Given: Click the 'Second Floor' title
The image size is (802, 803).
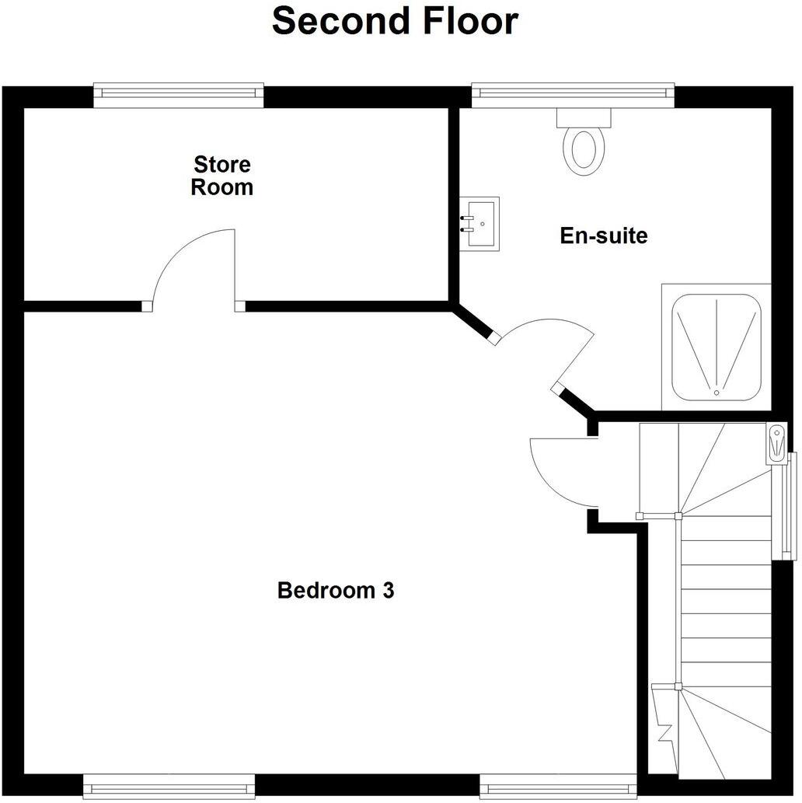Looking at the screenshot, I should [x=394, y=21].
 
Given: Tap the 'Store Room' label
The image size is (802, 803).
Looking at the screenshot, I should [x=222, y=176].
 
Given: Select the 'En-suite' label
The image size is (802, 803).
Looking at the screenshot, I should [x=603, y=236].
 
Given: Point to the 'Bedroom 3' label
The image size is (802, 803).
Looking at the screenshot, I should [x=336, y=591].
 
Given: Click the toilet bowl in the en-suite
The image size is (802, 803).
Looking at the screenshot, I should [x=584, y=149].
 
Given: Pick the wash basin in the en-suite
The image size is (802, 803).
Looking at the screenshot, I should [x=479, y=224].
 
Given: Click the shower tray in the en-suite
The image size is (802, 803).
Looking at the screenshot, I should [x=716, y=347].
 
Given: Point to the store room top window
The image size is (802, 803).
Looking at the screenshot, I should [x=178, y=95].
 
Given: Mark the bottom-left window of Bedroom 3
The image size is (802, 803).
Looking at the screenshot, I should [x=169, y=786].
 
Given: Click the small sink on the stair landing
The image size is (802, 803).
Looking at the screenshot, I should [x=777, y=444].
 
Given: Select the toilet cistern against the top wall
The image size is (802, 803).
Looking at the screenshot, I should [x=584, y=117].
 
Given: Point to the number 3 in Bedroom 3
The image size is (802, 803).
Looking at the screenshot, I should [x=388, y=591].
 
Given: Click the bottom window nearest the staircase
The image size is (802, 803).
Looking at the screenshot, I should [x=558, y=786].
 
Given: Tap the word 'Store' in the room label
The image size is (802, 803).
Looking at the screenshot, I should [x=222, y=165].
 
